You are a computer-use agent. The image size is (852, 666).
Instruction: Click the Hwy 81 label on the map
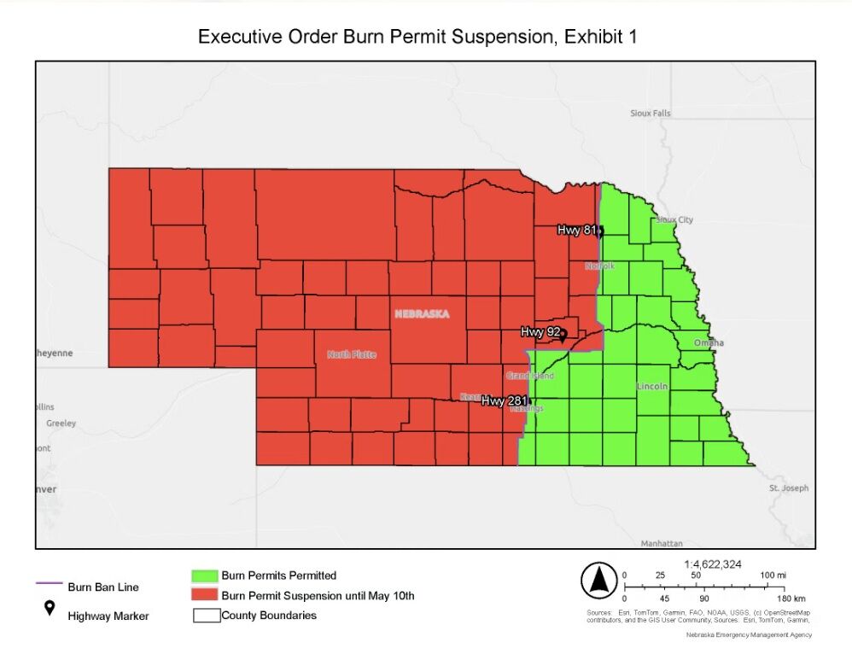577,230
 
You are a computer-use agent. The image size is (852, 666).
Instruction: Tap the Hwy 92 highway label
540,331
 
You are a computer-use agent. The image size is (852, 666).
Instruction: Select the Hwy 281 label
503,400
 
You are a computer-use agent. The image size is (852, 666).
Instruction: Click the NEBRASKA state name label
422,314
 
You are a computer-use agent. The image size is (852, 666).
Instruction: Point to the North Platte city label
351,354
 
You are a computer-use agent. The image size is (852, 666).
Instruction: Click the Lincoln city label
652,387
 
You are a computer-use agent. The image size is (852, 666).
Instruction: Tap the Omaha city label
708,342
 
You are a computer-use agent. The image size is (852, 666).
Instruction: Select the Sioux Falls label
651,113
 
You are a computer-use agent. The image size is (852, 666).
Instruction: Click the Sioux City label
674,219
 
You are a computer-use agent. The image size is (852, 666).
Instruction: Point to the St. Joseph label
788,488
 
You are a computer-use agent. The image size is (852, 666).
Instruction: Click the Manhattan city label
662,543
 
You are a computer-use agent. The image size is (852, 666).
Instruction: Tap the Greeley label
61,423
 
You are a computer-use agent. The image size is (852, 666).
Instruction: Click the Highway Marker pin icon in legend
50,608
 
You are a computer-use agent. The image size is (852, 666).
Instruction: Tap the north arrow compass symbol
598,581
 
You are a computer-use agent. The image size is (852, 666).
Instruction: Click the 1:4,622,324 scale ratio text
714,564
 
